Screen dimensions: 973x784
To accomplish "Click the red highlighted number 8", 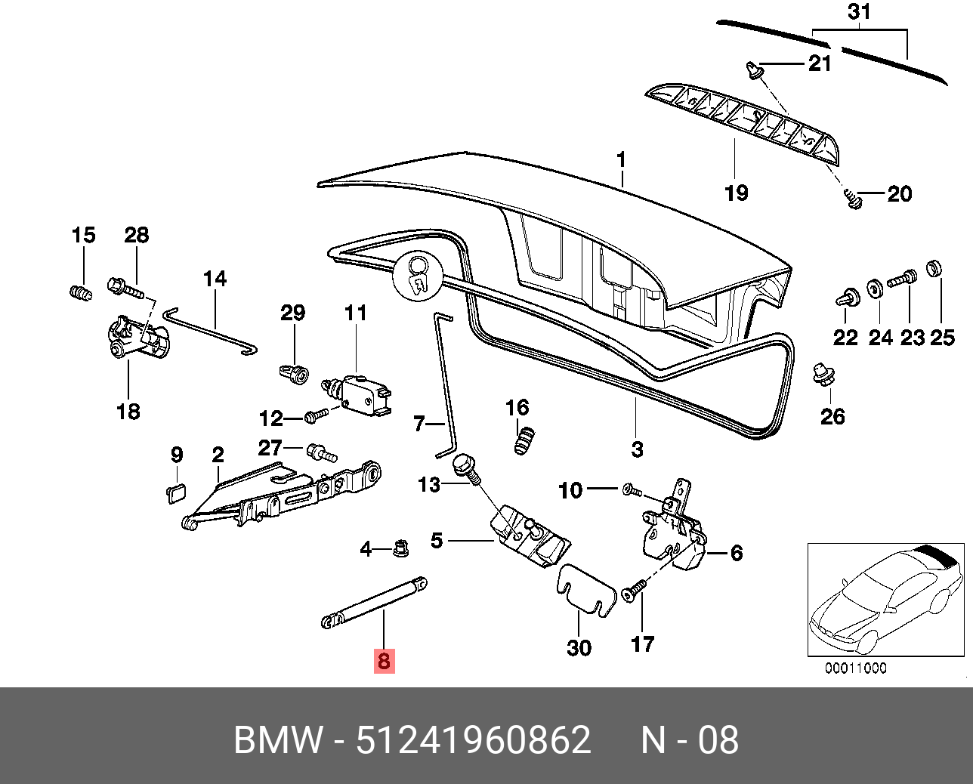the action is (384, 661).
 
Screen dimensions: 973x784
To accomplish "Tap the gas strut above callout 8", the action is (375, 603).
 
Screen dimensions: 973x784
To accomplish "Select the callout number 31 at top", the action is (859, 12).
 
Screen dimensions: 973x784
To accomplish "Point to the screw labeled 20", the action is (852, 199).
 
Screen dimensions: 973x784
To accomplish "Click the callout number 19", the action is (737, 193).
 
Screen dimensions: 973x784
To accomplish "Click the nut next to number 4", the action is (400, 548).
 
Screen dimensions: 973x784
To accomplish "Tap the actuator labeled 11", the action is (357, 395).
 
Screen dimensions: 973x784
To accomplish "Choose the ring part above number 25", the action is (934, 269).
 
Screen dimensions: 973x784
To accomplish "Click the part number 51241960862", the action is (474, 739).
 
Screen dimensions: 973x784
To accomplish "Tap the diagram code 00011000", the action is (855, 668).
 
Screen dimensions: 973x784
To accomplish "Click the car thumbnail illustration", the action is (886, 600).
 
